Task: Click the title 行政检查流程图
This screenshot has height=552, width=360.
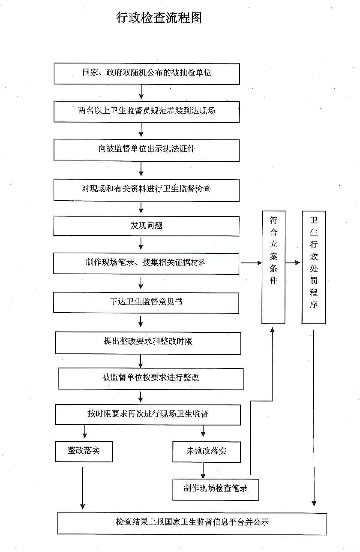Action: click(x=159, y=18)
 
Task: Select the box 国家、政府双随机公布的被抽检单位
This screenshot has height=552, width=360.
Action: click(x=147, y=74)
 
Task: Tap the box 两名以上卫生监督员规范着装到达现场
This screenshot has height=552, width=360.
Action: click(x=147, y=112)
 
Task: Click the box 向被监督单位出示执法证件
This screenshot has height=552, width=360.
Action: click(x=147, y=150)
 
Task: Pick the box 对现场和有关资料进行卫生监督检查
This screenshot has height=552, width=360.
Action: click(x=146, y=190)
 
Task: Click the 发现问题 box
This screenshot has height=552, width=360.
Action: click(x=146, y=226)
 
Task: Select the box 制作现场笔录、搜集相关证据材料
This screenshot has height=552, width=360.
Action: click(x=146, y=263)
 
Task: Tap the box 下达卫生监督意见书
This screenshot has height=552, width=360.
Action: click(x=146, y=303)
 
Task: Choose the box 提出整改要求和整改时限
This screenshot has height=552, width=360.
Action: click(x=148, y=343)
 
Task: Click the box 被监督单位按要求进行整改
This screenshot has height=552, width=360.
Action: click(x=151, y=379)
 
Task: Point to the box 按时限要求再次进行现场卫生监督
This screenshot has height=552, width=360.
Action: click(x=148, y=415)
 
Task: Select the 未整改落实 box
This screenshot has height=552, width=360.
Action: click(x=206, y=452)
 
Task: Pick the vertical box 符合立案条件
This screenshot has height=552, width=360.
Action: click(x=273, y=267)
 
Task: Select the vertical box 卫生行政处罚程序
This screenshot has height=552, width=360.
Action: click(x=314, y=267)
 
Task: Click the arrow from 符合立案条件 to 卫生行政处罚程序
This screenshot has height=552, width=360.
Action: click(x=293, y=262)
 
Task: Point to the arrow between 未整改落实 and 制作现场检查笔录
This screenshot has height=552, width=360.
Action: click(x=203, y=471)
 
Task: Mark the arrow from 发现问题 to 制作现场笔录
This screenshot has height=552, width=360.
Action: click(x=141, y=243)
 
